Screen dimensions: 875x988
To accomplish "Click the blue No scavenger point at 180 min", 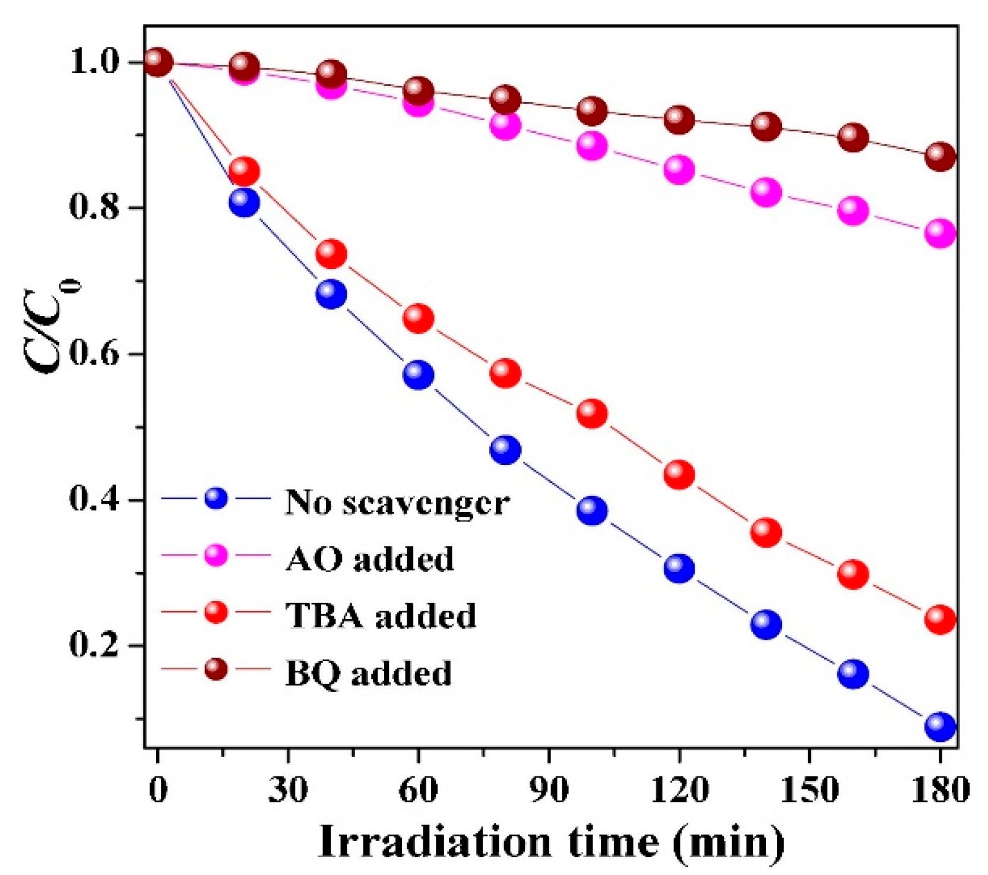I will (x=940, y=726).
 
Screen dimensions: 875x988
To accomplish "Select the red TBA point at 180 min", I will (x=940, y=620).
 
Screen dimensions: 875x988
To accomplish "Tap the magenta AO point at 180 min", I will (x=940, y=233).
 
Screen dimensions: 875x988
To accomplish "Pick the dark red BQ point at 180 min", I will (x=940, y=156).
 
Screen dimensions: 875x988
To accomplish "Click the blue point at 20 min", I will (x=244, y=203).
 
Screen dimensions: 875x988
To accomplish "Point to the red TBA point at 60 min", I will (x=418, y=318).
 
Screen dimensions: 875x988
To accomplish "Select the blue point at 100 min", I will (x=592, y=510).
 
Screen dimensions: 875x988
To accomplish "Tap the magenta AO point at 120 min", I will (x=679, y=170).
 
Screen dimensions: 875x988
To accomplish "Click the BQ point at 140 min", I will (x=766, y=127).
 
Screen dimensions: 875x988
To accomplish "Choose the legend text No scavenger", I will (x=397, y=503).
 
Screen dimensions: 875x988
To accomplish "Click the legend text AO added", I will (x=369, y=559).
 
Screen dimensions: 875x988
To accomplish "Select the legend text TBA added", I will (x=381, y=615).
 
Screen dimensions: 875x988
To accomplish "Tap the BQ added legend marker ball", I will (x=216, y=669).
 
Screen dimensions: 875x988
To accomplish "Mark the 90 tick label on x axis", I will (x=549, y=791).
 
